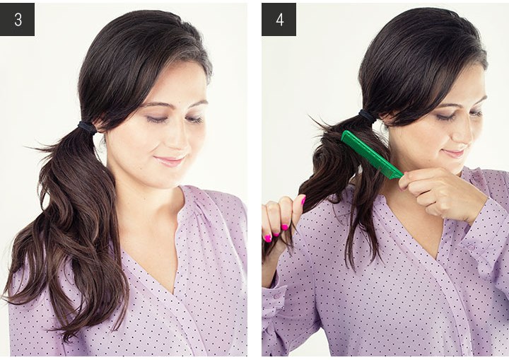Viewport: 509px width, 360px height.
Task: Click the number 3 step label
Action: click(17, 20)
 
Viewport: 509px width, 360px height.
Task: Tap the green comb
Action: click(372, 154)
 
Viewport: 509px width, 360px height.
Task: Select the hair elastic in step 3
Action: click(87, 127)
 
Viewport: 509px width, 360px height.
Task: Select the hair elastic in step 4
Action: click(367, 116)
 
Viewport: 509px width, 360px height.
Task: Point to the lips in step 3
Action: click(170, 161)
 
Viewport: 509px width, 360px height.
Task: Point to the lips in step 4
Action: click(454, 153)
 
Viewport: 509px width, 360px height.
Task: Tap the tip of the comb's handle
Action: click(402, 176)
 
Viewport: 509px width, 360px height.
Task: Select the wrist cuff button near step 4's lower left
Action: click(276, 296)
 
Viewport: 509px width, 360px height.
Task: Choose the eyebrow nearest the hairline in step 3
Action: click(155, 104)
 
